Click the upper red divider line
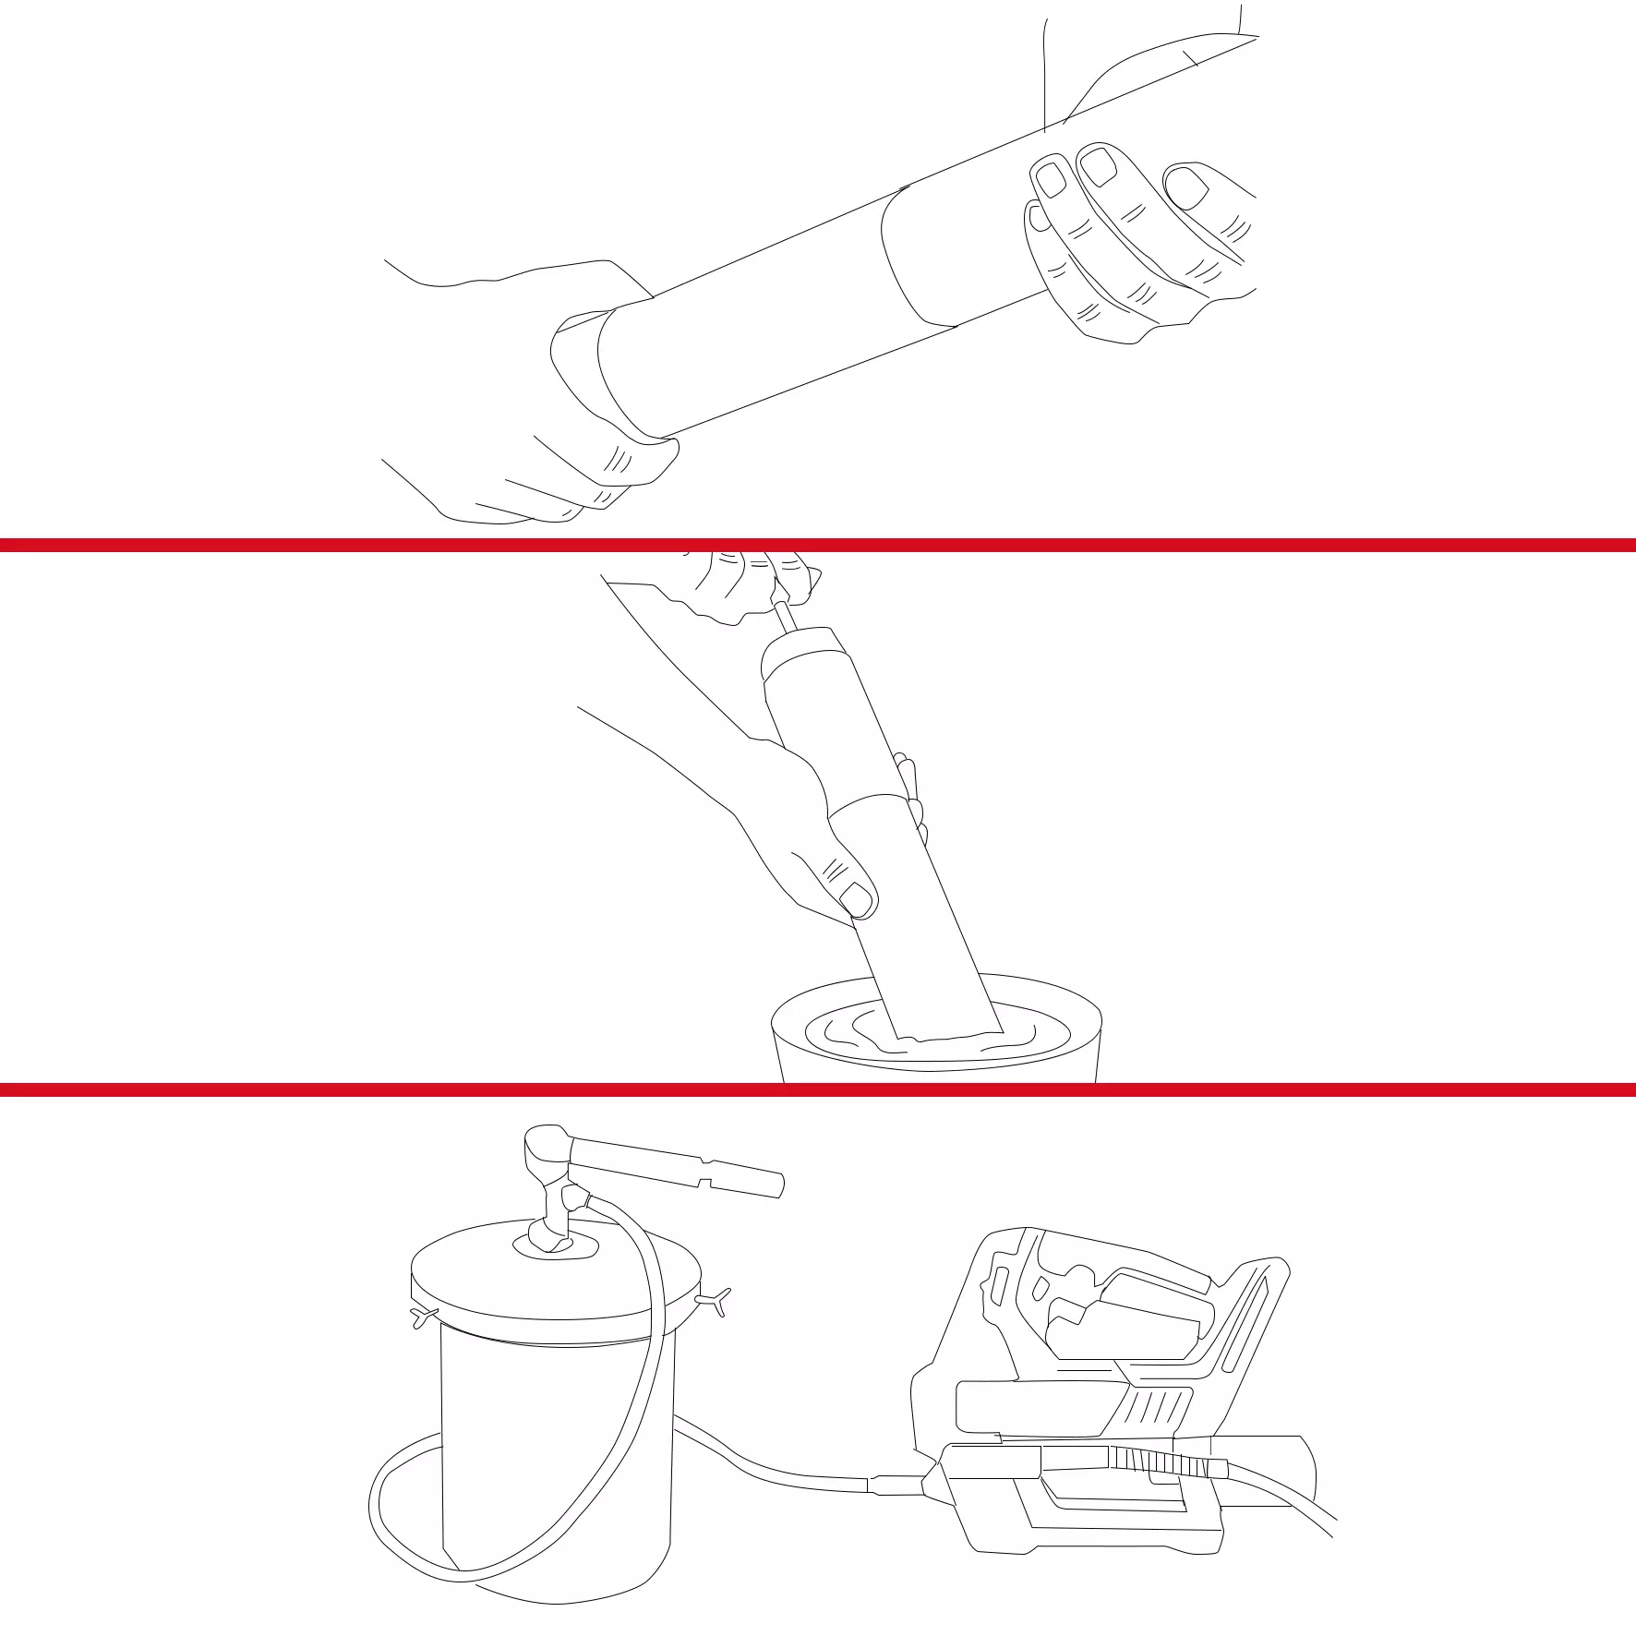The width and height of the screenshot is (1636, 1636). [x=818, y=546]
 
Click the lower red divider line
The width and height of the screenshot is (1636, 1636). [x=818, y=1090]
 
